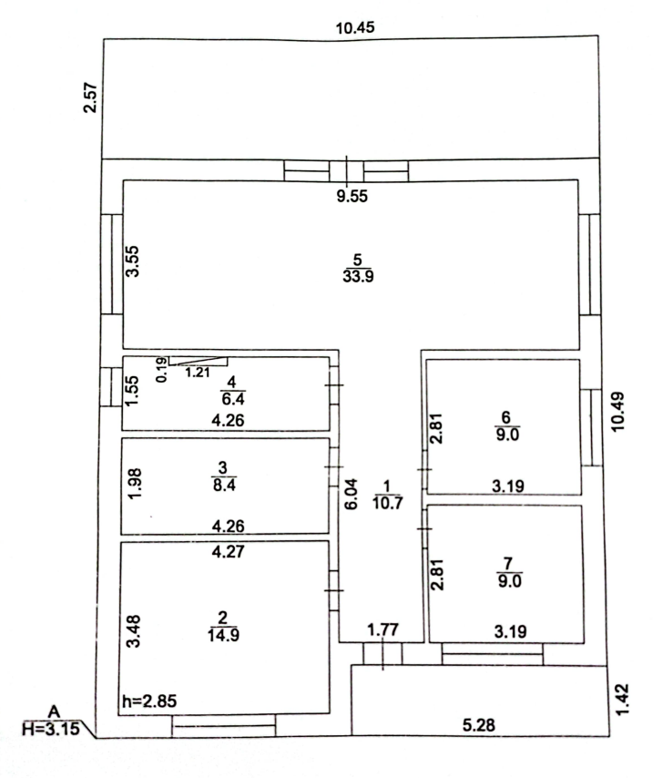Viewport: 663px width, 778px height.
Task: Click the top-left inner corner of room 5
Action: (123, 180)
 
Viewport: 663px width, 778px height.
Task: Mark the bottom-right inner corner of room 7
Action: (584, 642)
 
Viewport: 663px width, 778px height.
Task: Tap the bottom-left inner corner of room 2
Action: (118, 714)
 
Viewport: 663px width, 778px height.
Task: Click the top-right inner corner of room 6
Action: (579, 360)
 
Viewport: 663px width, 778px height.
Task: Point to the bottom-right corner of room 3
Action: (329, 533)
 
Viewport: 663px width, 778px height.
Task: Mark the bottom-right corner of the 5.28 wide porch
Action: (609, 735)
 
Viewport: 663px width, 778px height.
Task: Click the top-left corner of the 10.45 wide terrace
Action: (104, 38)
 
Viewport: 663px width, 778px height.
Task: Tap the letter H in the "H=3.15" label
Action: (28, 729)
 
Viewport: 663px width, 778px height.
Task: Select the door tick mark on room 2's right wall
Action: (333, 590)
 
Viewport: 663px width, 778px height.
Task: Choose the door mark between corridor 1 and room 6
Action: (425, 469)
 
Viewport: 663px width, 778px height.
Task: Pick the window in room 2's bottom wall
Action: (224, 726)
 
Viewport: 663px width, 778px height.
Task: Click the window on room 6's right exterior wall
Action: (590, 427)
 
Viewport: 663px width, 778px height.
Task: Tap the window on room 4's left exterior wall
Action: (111, 387)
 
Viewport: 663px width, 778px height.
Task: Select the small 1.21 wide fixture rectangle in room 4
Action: (198, 361)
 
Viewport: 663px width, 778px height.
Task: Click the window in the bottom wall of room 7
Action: (493, 654)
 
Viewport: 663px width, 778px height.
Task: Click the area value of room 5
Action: (358, 276)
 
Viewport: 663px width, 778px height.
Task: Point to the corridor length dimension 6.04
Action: (351, 494)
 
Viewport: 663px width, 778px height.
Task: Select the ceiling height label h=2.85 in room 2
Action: (149, 701)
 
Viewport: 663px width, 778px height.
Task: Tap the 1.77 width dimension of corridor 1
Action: (382, 630)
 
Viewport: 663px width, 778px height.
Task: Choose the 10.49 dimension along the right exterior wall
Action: (617, 412)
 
